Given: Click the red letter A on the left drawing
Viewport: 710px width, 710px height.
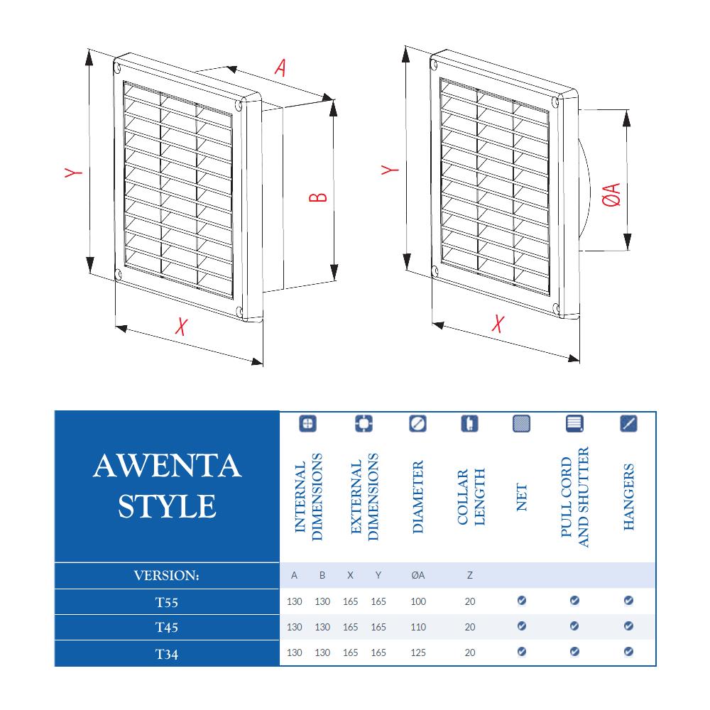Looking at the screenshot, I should [281, 67].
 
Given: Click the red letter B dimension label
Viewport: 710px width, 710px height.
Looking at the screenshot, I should [319, 196].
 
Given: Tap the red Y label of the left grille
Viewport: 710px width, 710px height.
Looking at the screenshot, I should [73, 173].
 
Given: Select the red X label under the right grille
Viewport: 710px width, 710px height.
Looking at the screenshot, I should [498, 324].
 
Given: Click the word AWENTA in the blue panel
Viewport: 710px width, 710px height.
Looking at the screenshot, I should [168, 466].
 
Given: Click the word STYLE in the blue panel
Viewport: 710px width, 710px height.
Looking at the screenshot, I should [168, 506].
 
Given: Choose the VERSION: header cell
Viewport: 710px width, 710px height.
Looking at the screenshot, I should [167, 576].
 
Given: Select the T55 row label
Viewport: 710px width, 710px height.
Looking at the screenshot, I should [167, 602].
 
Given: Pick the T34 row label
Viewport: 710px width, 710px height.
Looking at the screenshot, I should [167, 653].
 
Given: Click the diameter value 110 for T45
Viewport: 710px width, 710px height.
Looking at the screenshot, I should [418, 627].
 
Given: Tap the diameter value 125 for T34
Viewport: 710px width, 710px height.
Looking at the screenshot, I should [418, 652].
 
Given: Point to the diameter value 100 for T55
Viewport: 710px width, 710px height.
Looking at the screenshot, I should [418, 601].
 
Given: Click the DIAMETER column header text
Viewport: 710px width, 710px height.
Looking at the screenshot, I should [418, 497].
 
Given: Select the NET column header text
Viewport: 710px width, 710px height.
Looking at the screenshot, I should [522, 497].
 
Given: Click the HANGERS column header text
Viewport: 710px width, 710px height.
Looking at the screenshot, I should [628, 497].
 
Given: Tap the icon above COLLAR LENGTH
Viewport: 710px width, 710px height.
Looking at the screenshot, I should [470, 424].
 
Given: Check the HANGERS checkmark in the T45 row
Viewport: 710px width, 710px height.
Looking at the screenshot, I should [628, 626].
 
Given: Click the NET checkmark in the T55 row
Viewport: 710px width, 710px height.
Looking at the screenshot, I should [522, 601].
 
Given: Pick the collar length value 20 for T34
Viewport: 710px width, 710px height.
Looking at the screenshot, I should [470, 652].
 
